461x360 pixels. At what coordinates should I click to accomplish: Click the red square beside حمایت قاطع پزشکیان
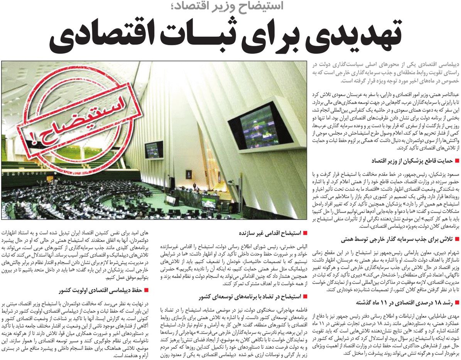click(x=457, y=160)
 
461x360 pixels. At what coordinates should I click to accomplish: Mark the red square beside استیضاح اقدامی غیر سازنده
click(x=305, y=233)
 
